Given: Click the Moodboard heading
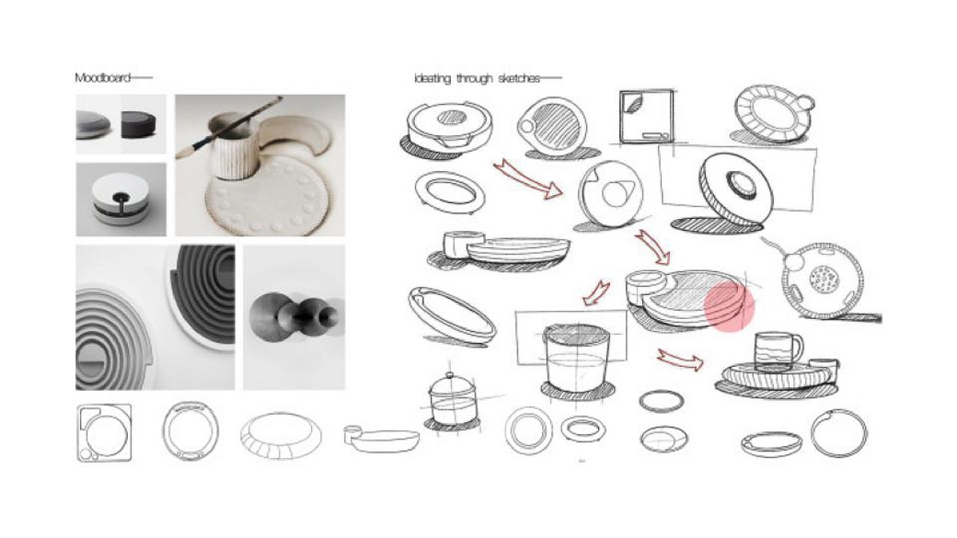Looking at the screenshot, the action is click(102, 78).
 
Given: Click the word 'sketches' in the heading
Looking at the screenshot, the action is click(519, 78).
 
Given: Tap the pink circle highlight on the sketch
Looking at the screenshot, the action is click(729, 306).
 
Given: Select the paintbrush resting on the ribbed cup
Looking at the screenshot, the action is click(230, 127).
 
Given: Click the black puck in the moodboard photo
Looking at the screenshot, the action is click(138, 125).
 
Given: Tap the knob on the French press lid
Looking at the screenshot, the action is click(449, 375).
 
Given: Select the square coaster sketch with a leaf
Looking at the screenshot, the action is click(647, 117).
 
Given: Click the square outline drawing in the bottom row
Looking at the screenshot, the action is click(104, 433).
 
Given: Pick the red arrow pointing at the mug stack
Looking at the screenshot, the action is click(680, 360).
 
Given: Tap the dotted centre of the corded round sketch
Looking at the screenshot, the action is click(825, 279).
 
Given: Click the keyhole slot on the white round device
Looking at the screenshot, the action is click(121, 200).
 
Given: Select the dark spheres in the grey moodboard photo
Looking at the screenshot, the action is click(295, 318).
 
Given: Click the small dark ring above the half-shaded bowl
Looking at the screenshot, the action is click(662, 401).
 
